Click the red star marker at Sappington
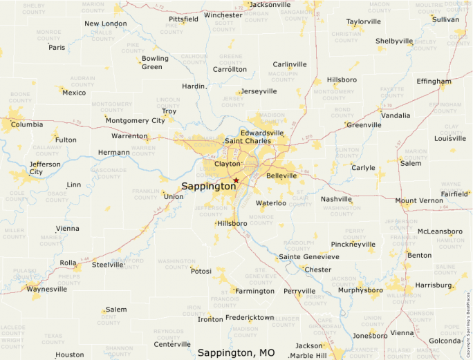(236, 180)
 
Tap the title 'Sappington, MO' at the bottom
(236, 352)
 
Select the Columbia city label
(27, 125)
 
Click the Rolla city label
(68, 263)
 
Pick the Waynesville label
(47, 289)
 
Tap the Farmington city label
(254, 291)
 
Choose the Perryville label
(299, 291)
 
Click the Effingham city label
(434, 81)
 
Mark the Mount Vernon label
(420, 201)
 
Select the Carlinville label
(289, 64)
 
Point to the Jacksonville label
(270, 4)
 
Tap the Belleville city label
(281, 176)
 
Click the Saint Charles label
(248, 141)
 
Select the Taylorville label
(363, 21)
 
